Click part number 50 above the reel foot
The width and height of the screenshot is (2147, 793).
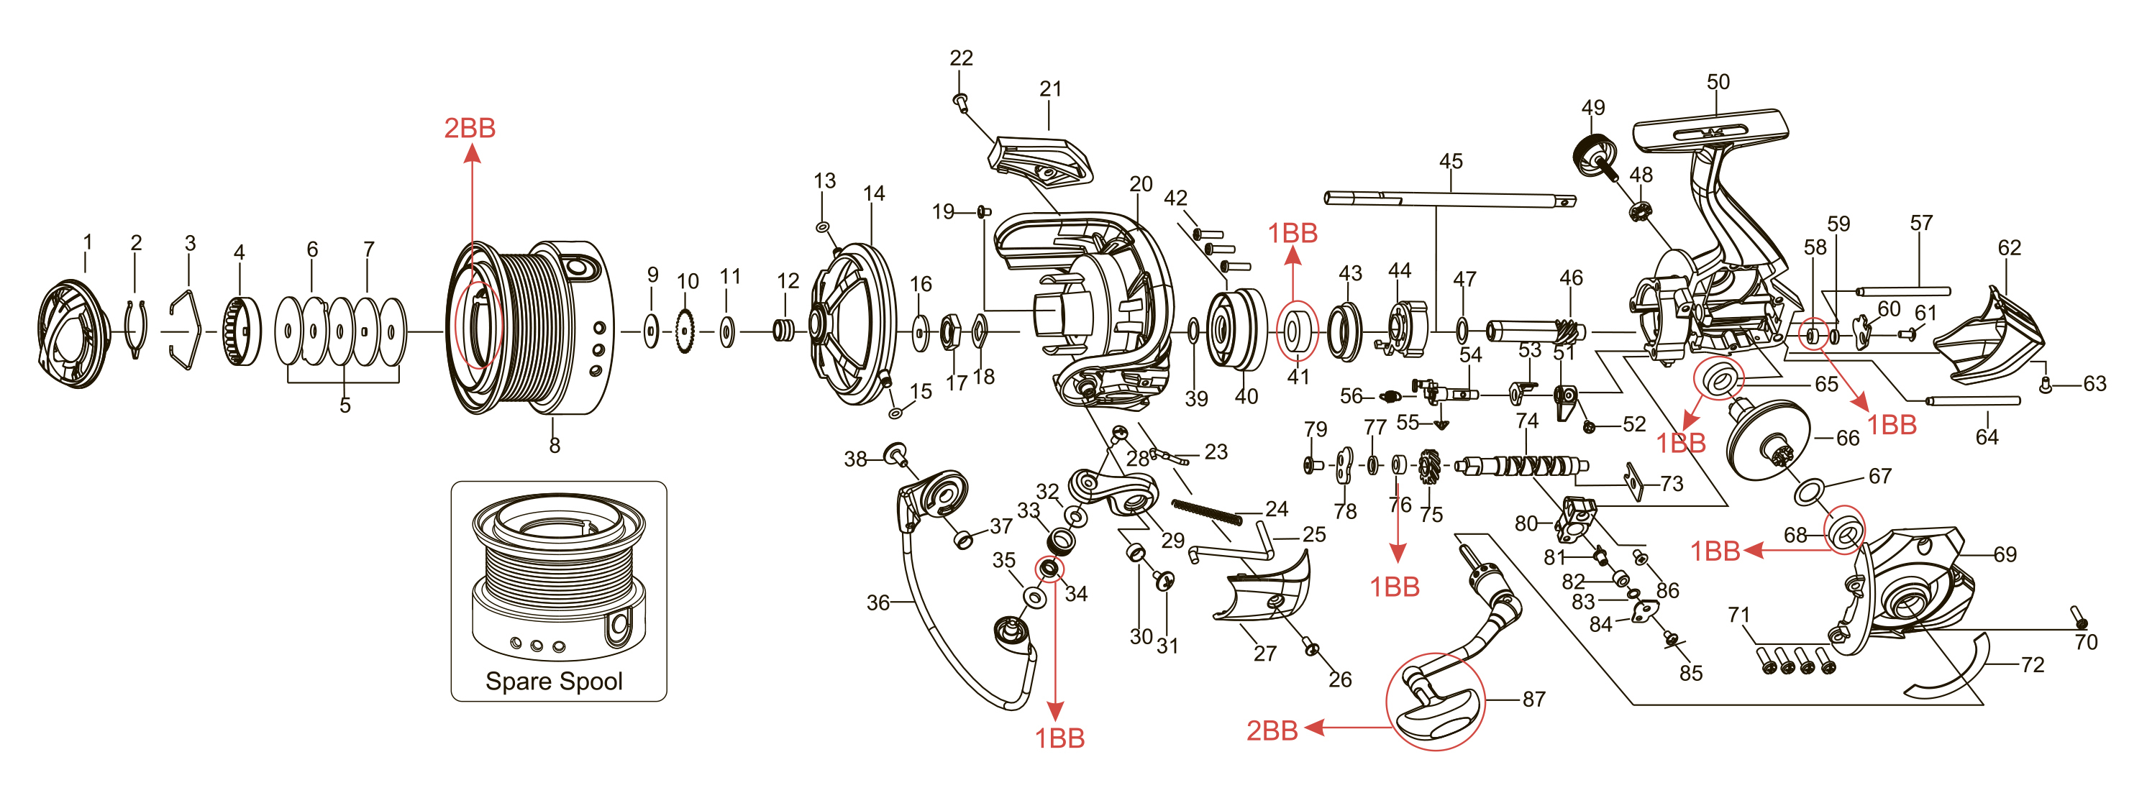1718,82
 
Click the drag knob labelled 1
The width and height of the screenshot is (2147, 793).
73,333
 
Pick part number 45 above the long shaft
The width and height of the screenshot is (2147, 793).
1450,161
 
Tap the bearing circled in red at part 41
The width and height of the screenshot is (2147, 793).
1297,331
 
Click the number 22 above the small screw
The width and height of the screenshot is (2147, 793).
961,58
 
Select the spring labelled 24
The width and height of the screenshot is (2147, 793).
1206,513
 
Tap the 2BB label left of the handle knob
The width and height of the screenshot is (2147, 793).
1271,730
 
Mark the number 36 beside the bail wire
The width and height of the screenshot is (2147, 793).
878,602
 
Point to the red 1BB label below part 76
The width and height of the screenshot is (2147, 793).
1395,587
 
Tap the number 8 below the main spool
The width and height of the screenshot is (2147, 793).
555,446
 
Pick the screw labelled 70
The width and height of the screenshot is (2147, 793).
2079,618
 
